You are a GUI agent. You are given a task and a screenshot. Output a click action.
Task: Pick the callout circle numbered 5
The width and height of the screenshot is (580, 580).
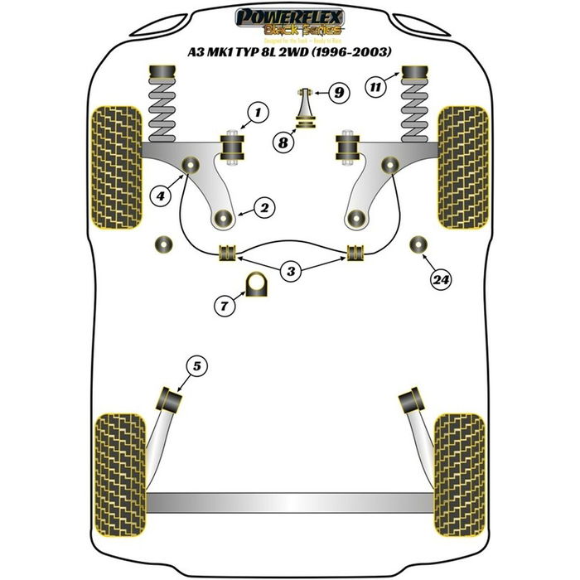point(196,365)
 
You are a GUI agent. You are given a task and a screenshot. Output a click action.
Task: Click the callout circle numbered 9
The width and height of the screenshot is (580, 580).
point(337,93)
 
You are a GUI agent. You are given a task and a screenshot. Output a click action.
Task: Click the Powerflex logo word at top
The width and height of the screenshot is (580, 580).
point(289,16)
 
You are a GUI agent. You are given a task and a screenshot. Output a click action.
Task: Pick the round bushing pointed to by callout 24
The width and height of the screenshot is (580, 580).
point(418,244)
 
